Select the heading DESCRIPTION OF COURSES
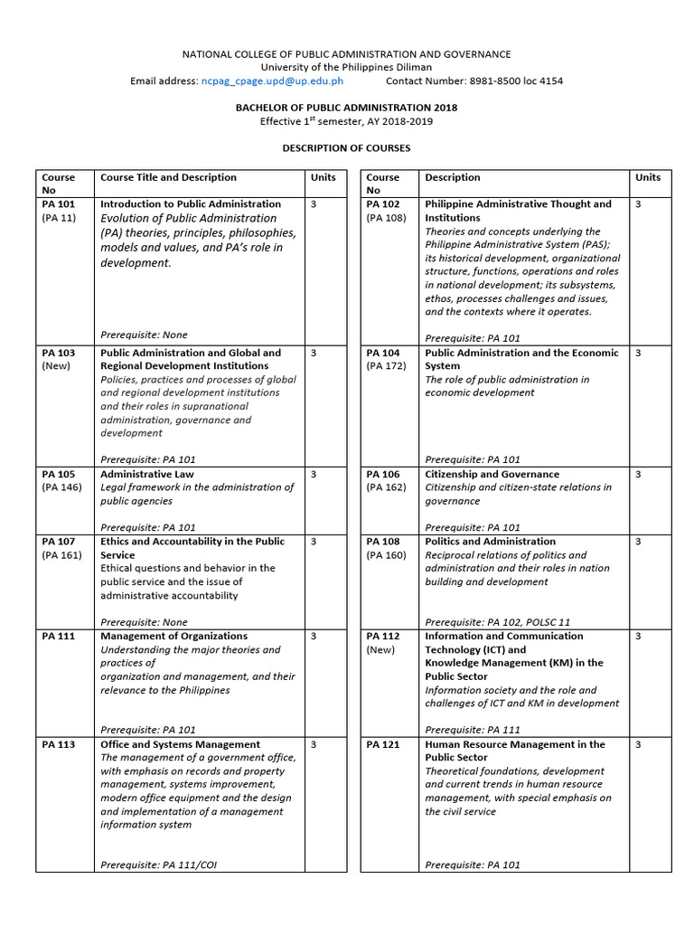pos(346,147)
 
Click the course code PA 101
pos(59,204)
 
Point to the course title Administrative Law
pos(146,474)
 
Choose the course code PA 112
pos(383,636)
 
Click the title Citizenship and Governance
pos(492,474)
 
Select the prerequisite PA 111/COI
pos(190,865)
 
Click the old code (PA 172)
pos(387,366)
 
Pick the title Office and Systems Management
pos(180,744)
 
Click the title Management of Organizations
pos(173,636)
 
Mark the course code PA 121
pos(383,744)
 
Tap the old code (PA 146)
pos(62,487)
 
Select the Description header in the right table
pos(453,177)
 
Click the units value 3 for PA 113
pos(314,744)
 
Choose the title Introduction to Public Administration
pos(191,204)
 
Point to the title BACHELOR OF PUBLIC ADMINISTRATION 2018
pos(346,108)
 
